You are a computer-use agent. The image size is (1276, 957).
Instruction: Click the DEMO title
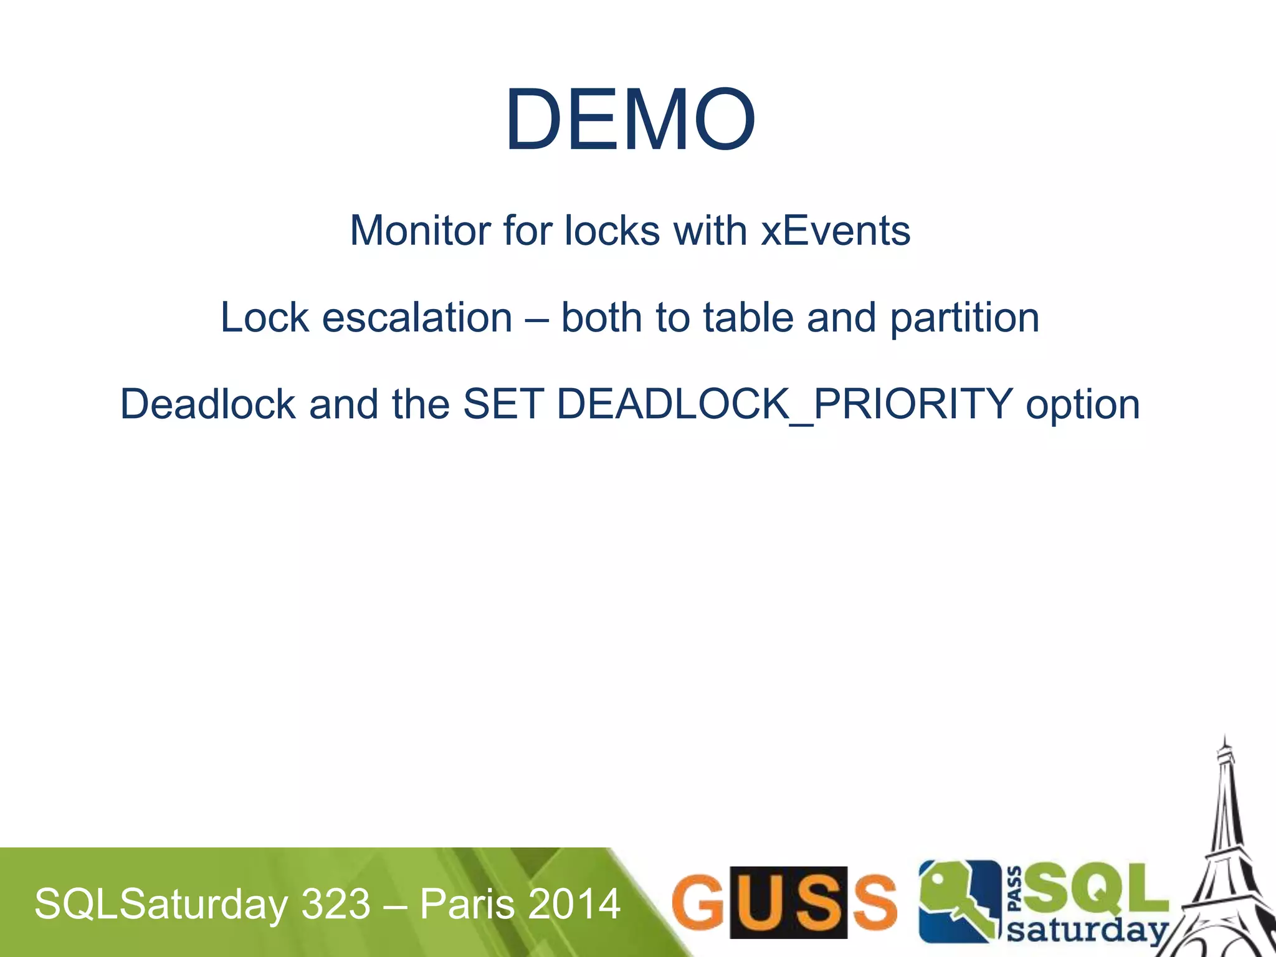click(631, 119)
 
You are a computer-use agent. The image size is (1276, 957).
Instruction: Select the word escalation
click(417, 317)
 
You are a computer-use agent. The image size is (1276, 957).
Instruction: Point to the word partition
click(964, 318)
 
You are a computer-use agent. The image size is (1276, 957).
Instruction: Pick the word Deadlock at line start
click(207, 404)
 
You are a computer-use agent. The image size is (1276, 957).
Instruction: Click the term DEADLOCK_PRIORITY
click(784, 404)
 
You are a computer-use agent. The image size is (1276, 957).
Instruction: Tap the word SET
click(503, 404)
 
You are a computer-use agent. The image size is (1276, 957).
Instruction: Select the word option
click(1083, 405)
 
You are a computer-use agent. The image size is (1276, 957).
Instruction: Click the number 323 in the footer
click(336, 904)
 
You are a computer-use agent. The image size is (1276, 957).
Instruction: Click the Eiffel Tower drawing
click(1226, 860)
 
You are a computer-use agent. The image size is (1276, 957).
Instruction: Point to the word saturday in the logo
click(1087, 931)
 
